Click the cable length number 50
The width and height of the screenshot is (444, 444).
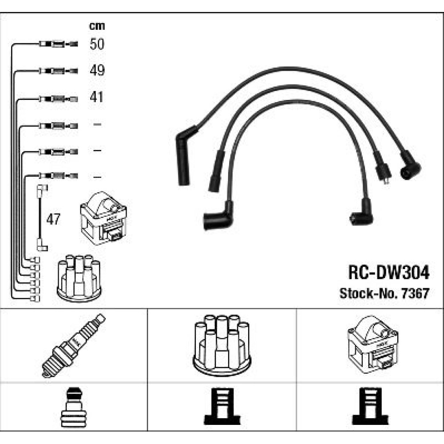(x=97, y=44)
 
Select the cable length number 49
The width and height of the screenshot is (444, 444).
(x=97, y=70)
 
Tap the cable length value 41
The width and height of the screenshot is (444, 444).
(x=96, y=97)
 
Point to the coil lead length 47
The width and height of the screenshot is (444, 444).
(x=53, y=219)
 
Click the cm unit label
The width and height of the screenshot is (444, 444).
(x=97, y=26)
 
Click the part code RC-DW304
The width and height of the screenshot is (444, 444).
(x=389, y=273)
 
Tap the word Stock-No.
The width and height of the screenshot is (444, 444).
(x=369, y=293)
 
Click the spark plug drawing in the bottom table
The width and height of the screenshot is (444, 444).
(x=73, y=345)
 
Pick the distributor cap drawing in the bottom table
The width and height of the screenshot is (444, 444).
(x=222, y=345)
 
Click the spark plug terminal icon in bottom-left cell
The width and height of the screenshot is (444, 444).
(x=73, y=407)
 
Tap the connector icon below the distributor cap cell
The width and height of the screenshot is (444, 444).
(x=222, y=406)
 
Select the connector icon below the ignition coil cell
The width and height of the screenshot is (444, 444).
(x=370, y=406)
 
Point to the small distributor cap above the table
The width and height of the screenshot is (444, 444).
(x=79, y=278)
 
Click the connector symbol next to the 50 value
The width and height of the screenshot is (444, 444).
(x=58, y=44)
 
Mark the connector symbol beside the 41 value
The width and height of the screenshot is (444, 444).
(x=58, y=99)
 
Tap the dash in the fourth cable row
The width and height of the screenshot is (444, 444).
(x=97, y=124)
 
